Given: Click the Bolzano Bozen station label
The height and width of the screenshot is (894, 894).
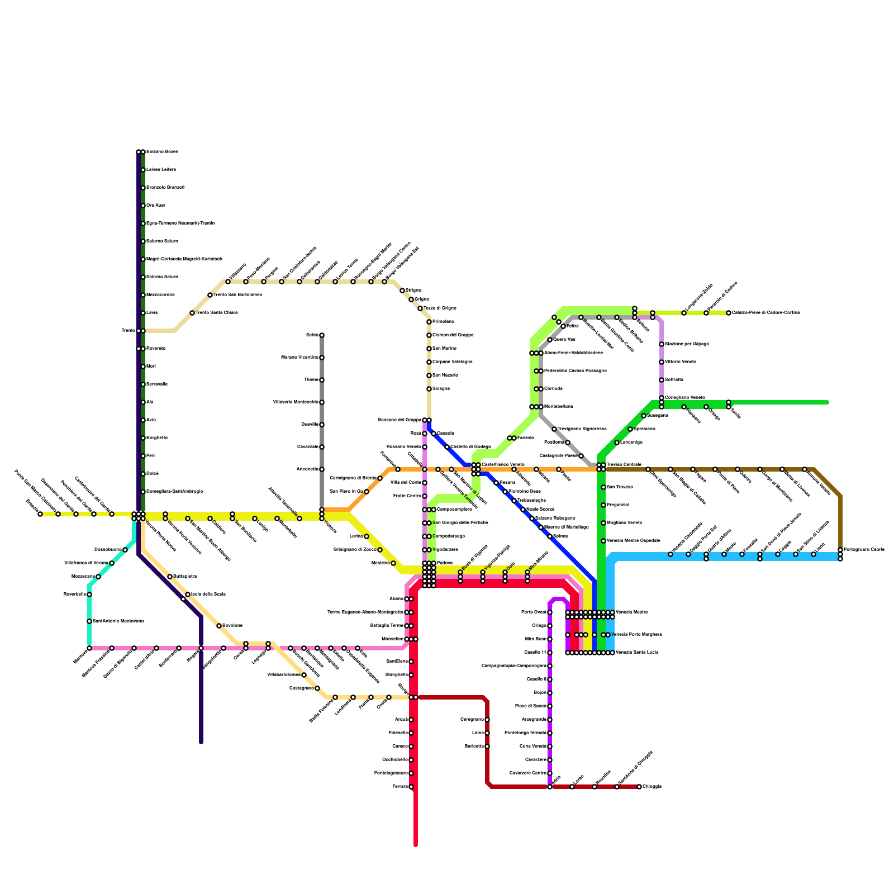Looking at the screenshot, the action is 162,152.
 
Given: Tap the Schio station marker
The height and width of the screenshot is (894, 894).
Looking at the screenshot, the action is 322,335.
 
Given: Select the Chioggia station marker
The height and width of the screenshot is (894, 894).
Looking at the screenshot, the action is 639,787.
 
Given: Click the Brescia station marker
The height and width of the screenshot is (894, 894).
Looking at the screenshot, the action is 40,514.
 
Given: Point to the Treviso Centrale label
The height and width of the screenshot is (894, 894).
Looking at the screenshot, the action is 624,465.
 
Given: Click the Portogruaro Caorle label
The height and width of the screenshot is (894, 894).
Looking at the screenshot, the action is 864,550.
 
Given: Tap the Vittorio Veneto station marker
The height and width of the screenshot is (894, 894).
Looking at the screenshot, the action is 662,362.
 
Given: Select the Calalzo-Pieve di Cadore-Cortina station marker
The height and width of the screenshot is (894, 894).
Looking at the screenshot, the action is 729,313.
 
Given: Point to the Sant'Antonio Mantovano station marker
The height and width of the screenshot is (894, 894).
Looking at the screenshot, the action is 89,621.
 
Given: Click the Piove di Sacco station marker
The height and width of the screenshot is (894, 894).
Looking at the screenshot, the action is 550,706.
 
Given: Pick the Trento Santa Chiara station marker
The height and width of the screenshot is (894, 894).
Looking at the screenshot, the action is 192,313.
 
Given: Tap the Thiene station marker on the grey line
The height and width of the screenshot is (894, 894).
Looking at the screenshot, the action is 322,380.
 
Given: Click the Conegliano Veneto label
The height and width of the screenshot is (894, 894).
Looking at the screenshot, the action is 684,398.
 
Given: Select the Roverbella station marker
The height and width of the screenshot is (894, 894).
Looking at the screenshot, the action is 89,595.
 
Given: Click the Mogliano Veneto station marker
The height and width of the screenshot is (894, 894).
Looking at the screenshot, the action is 603,523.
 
